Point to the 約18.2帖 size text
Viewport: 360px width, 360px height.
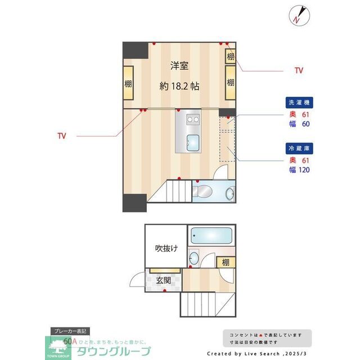(179, 87)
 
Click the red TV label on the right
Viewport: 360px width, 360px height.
(299, 71)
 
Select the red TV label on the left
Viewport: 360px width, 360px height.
(62, 136)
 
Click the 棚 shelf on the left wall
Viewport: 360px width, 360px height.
(129, 84)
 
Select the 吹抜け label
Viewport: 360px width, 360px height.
(166, 248)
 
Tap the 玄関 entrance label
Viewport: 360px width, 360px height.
(164, 280)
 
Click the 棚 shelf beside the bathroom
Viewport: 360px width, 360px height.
(226, 262)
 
